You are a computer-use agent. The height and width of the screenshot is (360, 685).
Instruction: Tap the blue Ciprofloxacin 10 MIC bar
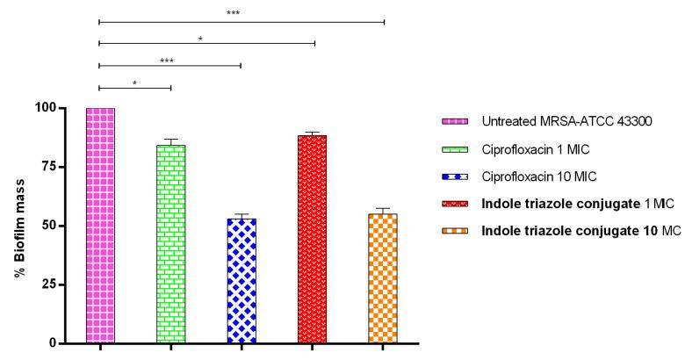[242, 280]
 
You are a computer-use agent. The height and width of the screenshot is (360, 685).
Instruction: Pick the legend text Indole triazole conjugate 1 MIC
[568, 205]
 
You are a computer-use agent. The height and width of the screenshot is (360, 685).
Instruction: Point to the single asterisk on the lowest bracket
[134, 83]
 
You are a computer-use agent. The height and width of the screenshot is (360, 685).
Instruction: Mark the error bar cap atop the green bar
[171, 139]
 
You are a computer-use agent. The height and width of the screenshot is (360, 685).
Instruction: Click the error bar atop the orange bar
[383, 209]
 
